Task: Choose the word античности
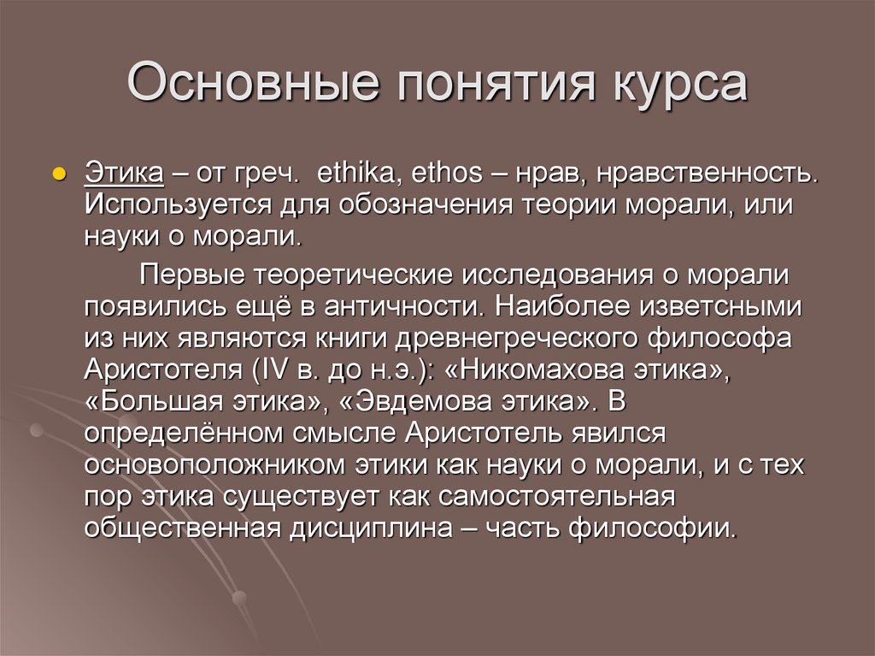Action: click(x=416, y=305)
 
